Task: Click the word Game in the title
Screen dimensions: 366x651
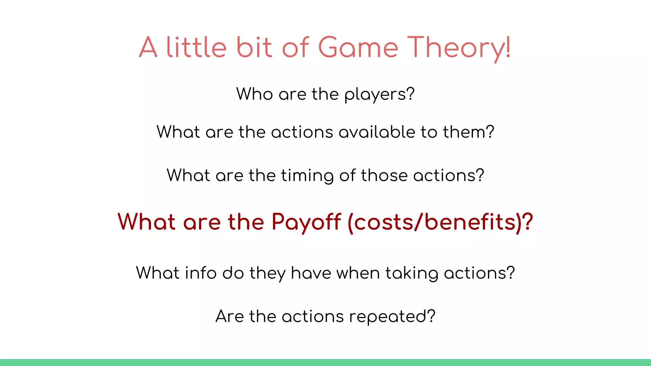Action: click(x=358, y=48)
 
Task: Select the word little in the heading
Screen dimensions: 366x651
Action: click(x=196, y=48)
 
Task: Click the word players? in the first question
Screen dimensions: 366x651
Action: click(x=380, y=95)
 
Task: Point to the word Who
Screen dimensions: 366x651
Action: click(x=254, y=94)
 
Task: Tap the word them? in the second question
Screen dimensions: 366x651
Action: click(x=469, y=132)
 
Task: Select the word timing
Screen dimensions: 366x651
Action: click(x=307, y=176)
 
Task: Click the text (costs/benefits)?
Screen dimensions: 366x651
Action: click(x=440, y=222)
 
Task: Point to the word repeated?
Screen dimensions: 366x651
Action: click(x=392, y=317)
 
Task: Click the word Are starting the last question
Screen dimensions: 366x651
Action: click(x=230, y=316)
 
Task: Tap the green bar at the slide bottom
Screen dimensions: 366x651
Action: click(x=325, y=363)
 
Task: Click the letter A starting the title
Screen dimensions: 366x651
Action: click(x=148, y=48)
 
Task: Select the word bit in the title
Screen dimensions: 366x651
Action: click(x=254, y=48)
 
